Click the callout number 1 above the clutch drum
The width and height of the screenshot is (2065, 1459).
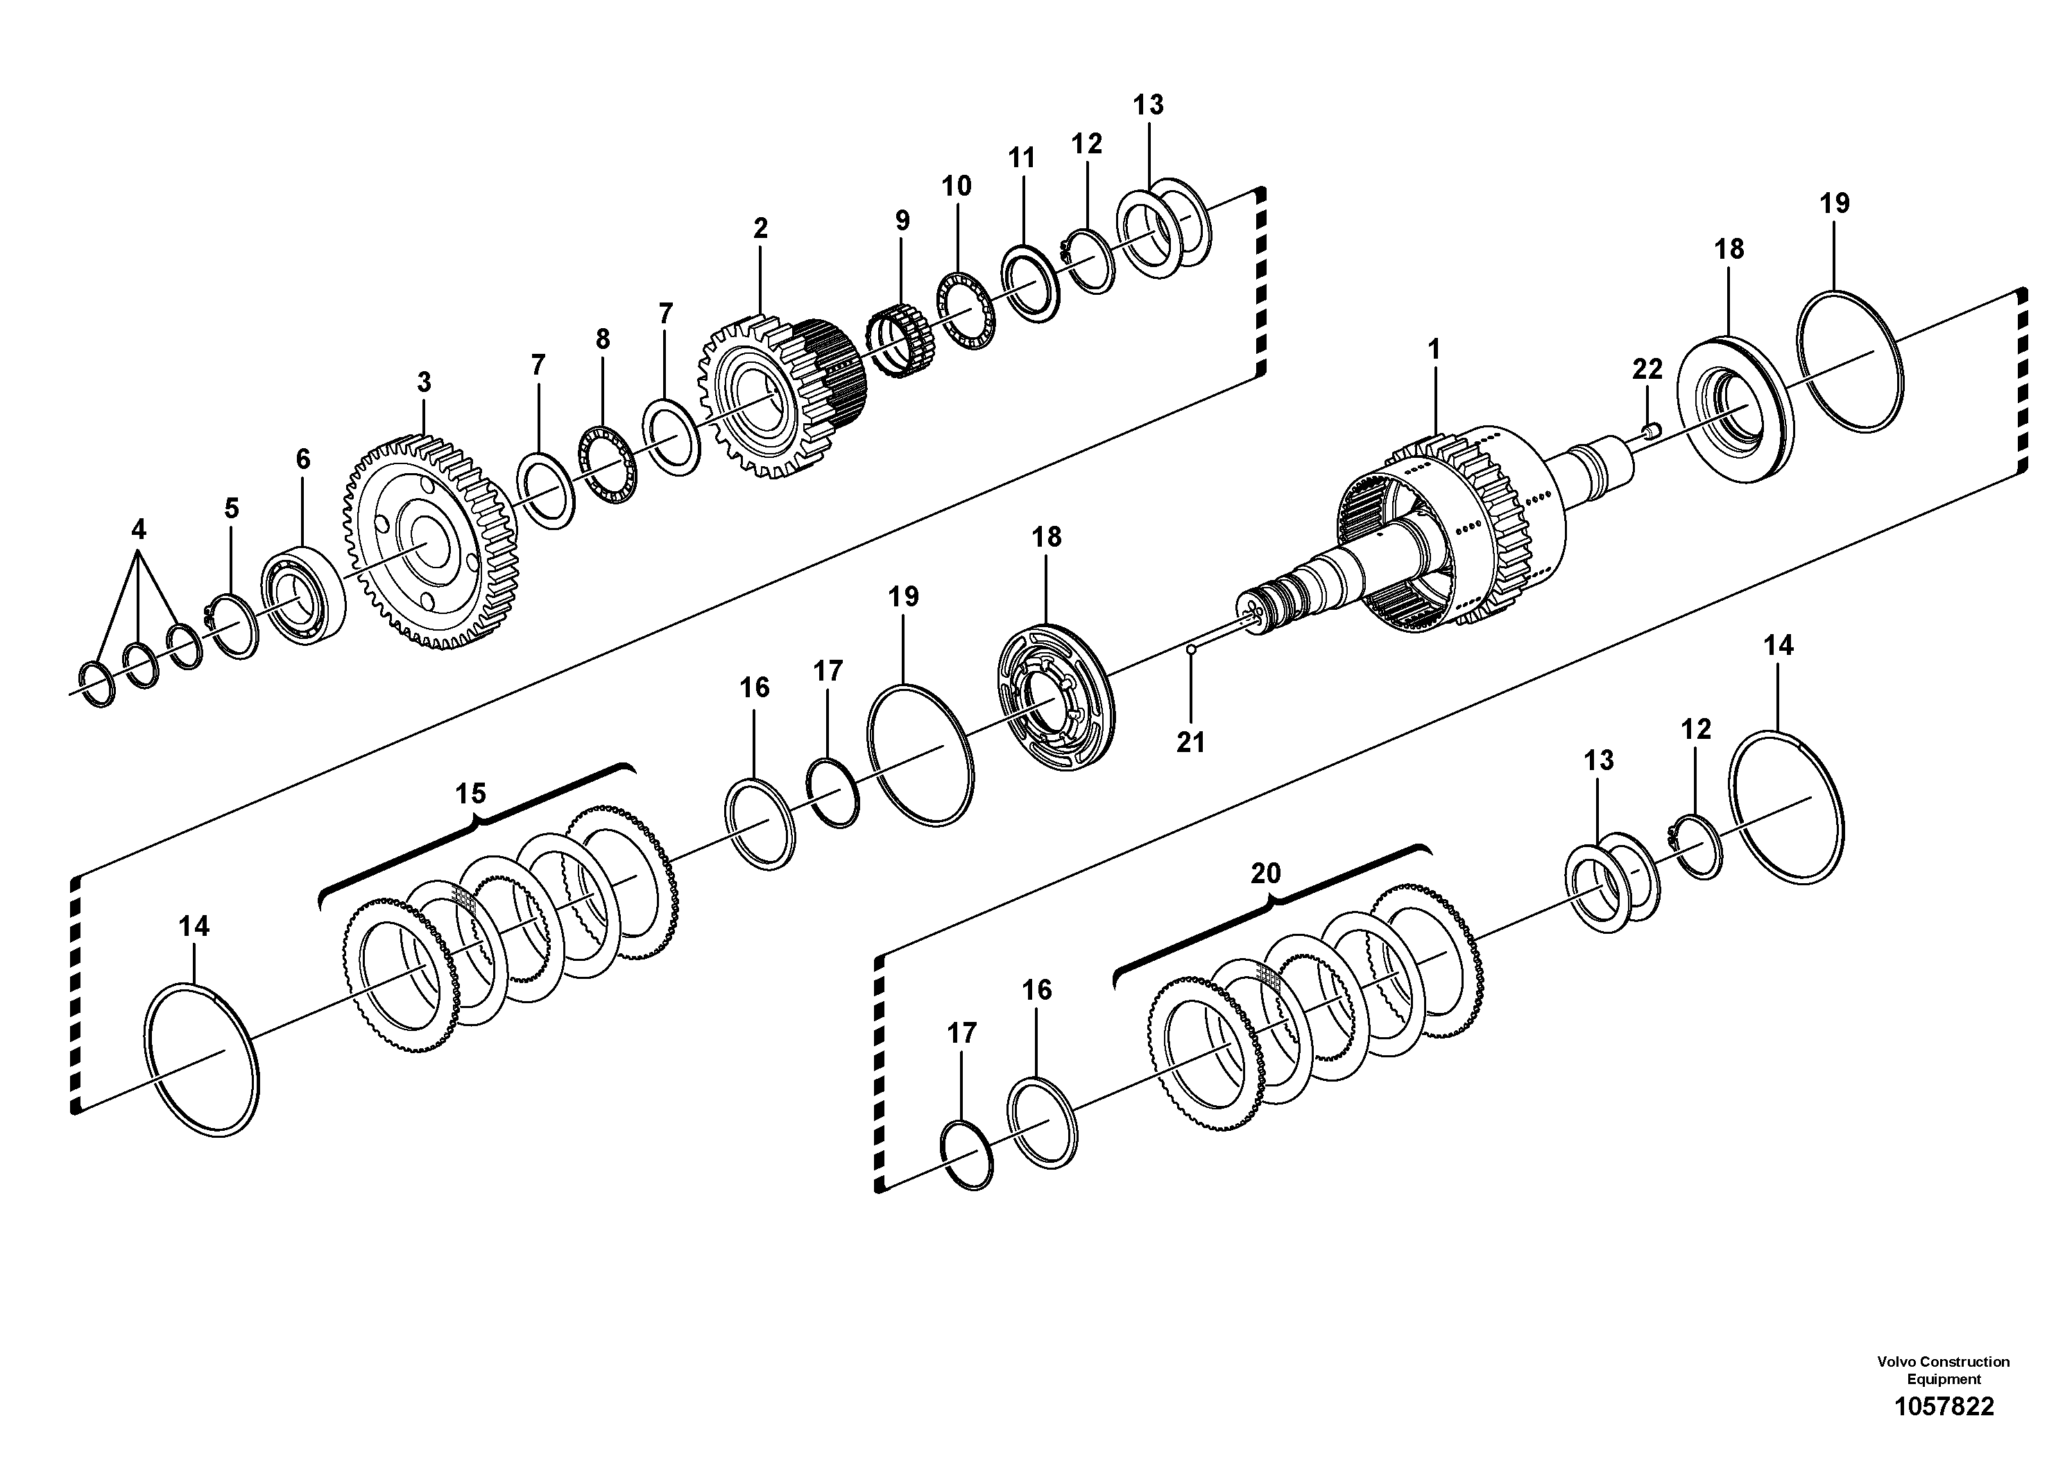[x=1434, y=350]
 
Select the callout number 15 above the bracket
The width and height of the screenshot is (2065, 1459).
[x=470, y=794]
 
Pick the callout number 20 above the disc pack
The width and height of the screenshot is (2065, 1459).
[x=1265, y=873]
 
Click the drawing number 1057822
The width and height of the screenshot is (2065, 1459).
[x=1944, y=1407]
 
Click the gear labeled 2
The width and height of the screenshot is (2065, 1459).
[x=778, y=395]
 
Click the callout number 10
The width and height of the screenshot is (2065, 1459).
[x=956, y=186]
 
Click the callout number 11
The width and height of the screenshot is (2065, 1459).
[x=1021, y=158]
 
